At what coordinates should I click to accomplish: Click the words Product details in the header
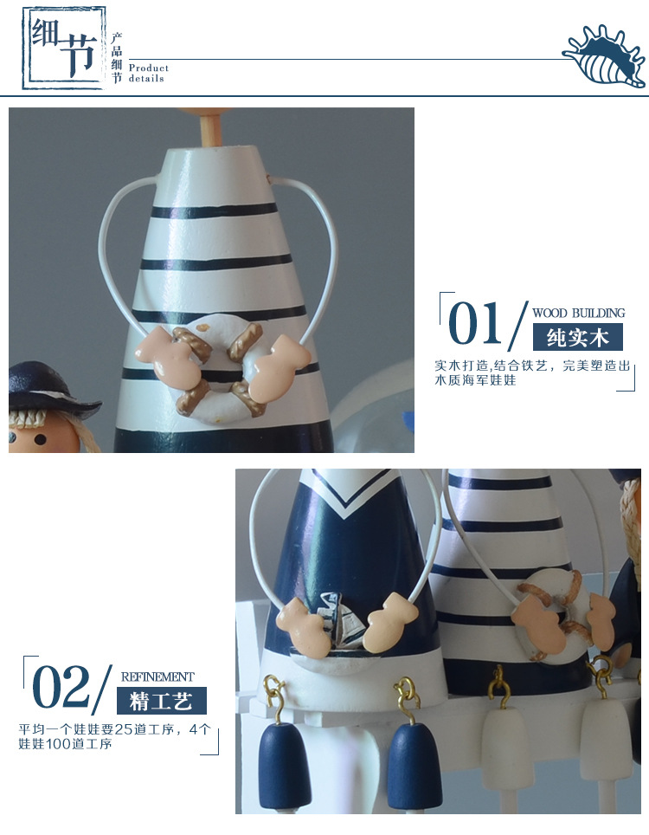pos(149,73)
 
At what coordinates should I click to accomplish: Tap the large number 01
pos(474,323)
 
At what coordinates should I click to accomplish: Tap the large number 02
pos(61,687)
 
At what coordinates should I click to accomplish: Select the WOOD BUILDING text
pos(578,314)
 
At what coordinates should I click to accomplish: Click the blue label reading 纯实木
pos(578,338)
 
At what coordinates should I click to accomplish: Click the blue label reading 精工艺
pos(161,701)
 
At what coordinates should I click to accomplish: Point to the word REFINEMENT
pos(157,676)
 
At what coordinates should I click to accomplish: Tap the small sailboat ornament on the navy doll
pos(339,621)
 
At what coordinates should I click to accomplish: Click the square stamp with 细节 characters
pos(64,48)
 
